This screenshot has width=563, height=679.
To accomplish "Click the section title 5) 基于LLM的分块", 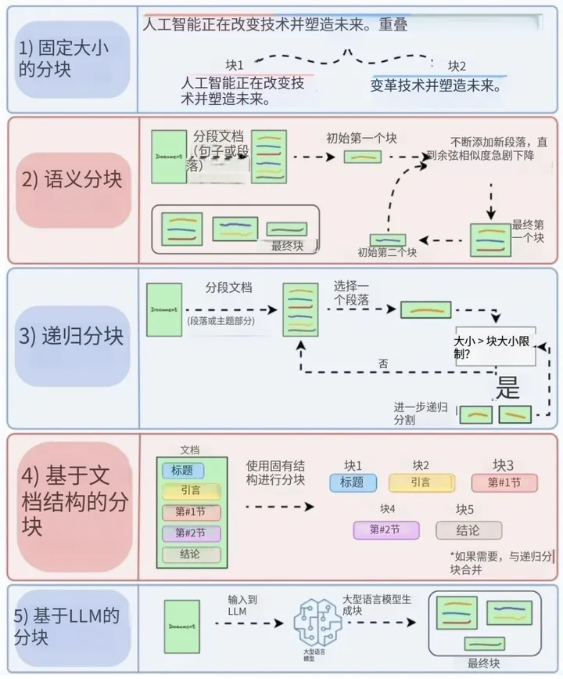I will [70, 626].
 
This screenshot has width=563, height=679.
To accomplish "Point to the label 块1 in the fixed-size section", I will [235, 64].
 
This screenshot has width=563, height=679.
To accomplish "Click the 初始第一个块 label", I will [361, 139].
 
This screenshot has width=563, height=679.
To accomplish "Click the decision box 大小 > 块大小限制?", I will [496, 347].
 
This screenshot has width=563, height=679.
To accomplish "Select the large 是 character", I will [509, 387].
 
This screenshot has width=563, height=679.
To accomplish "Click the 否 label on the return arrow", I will [383, 363].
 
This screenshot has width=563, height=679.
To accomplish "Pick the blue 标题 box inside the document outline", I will [182, 471].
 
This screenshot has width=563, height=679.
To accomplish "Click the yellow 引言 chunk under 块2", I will [421, 482].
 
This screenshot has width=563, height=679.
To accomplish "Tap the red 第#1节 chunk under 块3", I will [504, 482].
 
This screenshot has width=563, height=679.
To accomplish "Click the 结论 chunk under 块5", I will [468, 529].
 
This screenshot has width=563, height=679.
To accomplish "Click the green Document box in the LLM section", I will [182, 627].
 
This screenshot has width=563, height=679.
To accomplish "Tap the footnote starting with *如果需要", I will [504, 562].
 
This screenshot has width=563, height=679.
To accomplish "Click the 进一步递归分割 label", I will [421, 414].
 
